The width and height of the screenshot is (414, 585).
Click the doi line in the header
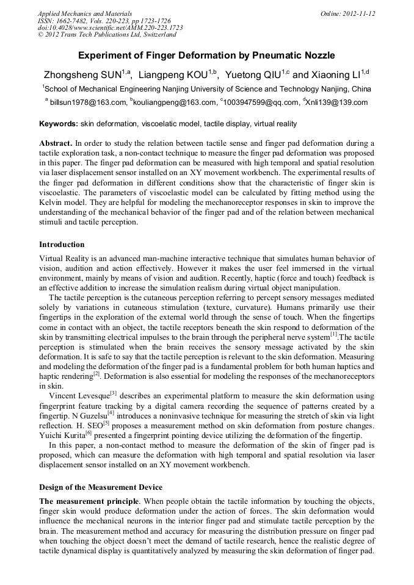tap(110, 28)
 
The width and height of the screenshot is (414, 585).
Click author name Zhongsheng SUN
tap(82, 76)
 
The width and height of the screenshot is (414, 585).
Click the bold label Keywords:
tap(59, 124)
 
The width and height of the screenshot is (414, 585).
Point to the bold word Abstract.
tap(56, 143)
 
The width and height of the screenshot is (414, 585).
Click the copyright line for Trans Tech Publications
tap(105, 35)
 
